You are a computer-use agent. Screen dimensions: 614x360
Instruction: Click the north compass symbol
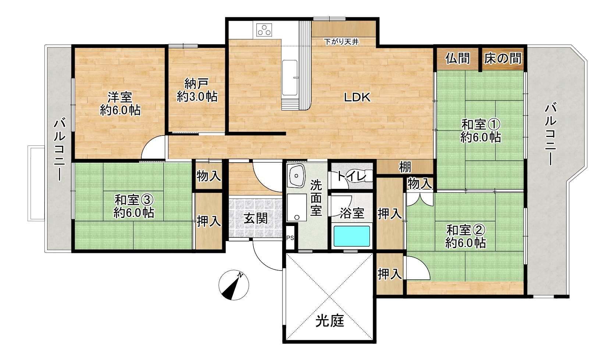tap(234, 285)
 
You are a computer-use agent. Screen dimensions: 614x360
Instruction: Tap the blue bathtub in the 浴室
tap(351, 236)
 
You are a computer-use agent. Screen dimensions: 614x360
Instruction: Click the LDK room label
tap(357, 97)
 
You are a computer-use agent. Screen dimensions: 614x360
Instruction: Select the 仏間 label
tap(457, 59)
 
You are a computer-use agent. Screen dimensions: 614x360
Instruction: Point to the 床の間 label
tap(502, 59)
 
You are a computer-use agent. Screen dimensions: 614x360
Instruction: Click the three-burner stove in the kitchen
tap(264, 30)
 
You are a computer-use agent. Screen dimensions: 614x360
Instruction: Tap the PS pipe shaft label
tap(290, 238)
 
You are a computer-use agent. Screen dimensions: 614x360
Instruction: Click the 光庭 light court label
tap(330, 321)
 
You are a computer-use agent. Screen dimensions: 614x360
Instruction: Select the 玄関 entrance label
tap(256, 219)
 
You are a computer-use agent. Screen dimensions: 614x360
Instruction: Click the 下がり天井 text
tap(341, 42)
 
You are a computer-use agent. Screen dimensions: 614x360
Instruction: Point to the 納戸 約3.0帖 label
tap(197, 90)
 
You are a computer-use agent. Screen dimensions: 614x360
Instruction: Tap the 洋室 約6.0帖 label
tap(120, 104)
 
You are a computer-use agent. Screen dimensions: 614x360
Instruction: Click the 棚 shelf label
tap(405, 167)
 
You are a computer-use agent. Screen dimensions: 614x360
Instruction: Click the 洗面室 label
tap(316, 198)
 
